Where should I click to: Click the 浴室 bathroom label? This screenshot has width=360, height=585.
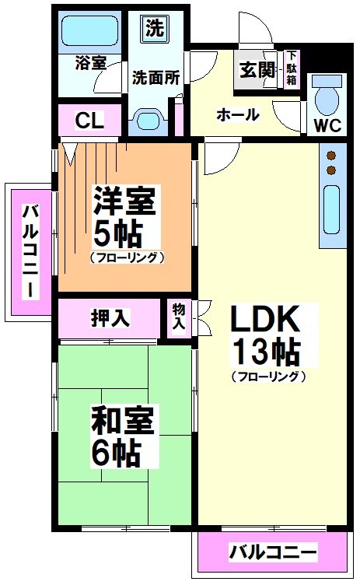click(91, 62)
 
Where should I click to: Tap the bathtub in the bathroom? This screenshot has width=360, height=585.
click(89, 31)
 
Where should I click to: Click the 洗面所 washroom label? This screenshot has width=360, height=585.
click(156, 77)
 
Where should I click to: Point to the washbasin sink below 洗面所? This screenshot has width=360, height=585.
click(147, 119)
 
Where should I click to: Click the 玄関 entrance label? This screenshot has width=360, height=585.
click(257, 69)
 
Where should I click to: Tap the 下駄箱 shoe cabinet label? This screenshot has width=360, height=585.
click(292, 68)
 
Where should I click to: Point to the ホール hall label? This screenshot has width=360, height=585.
click(237, 114)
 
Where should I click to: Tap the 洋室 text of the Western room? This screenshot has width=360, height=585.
click(124, 202)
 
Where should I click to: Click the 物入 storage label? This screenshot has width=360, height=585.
click(178, 316)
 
